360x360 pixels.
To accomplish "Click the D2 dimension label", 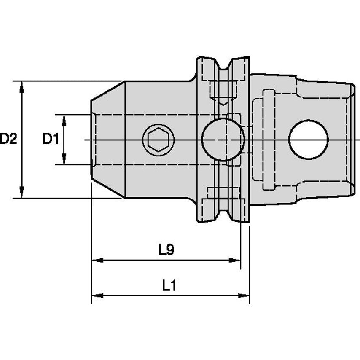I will coord(8,139).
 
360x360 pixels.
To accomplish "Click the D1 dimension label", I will coord(51,139).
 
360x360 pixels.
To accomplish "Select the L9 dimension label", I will coord(166,250).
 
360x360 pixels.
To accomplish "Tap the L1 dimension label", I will coord(169,286).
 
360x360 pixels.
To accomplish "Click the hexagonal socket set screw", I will coord(158,140).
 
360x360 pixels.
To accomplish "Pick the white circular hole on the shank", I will coord(308,140).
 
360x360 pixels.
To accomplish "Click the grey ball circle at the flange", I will coord(223,140).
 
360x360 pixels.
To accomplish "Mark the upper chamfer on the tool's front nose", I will coord(108,91).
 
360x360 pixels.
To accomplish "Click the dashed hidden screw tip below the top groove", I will coord(223,101).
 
